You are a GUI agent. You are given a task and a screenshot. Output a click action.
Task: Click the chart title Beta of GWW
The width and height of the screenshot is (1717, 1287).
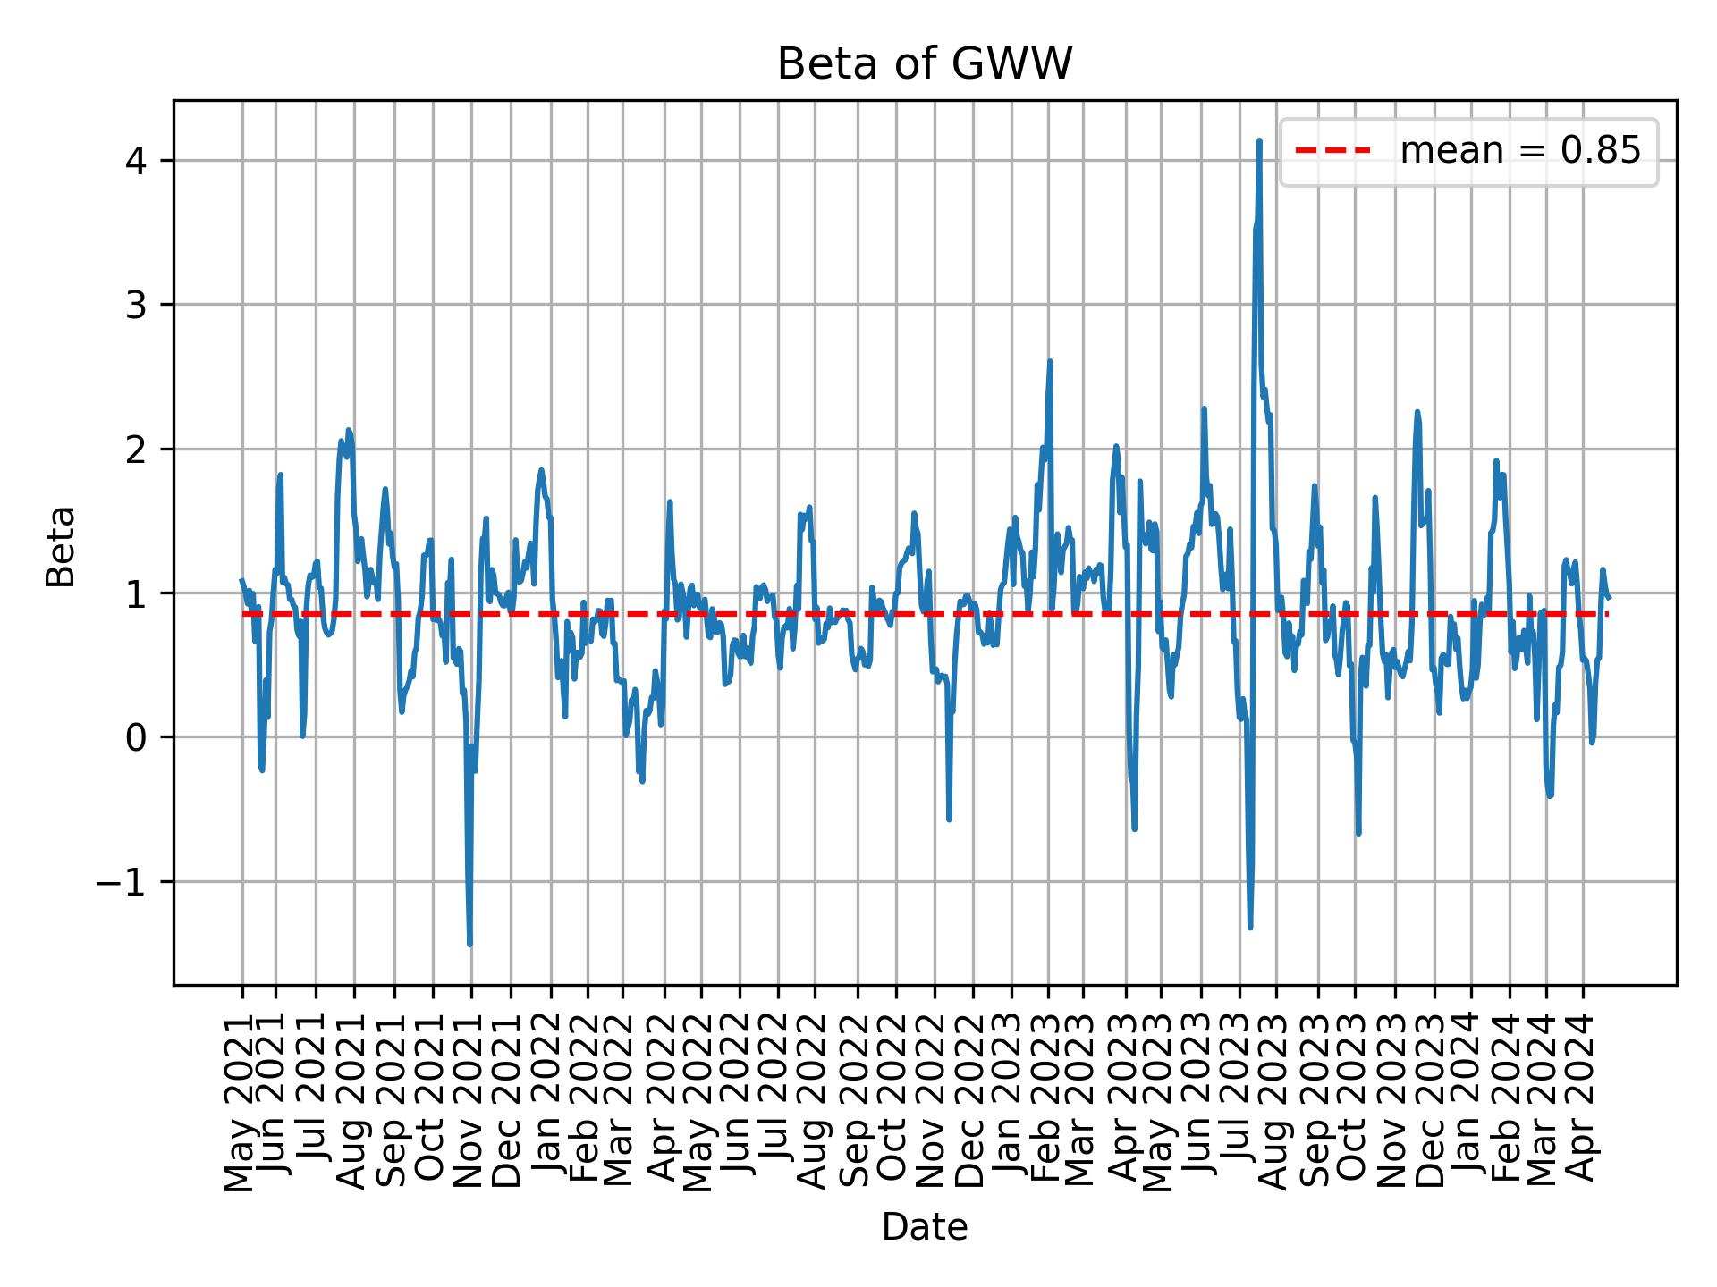pos(924,64)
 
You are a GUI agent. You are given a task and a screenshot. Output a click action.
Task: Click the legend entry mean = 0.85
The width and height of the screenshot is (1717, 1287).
pos(1519,152)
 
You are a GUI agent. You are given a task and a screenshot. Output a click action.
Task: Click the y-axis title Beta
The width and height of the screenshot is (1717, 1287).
pos(61,546)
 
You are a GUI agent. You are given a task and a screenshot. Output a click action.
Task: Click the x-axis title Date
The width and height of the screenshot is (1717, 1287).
pos(924,1227)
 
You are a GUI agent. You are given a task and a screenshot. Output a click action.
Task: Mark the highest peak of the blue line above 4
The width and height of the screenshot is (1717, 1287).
pos(1259,140)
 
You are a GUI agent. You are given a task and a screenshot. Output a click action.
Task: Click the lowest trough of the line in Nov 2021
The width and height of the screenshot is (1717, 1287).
pos(469,944)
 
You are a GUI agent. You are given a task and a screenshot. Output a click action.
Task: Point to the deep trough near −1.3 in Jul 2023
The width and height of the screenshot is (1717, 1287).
pos(1250,927)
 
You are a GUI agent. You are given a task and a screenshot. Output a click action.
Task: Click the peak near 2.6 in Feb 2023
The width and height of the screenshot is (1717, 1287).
pos(1050,362)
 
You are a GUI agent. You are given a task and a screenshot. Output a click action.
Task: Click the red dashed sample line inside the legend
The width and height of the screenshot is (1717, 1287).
pos(1332,152)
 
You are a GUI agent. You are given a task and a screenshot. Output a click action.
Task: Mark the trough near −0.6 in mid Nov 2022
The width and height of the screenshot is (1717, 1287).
pos(949,819)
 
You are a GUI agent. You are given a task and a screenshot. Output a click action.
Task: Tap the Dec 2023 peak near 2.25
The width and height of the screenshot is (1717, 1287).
pos(1417,412)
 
